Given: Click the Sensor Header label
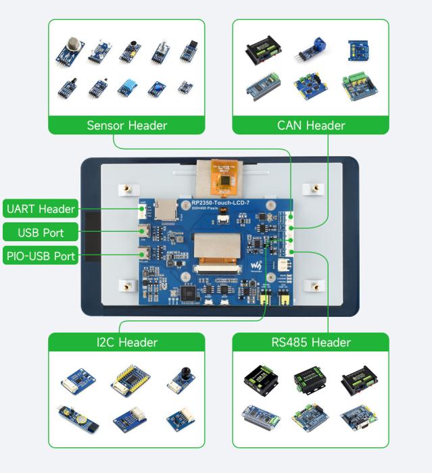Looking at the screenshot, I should tap(128, 125).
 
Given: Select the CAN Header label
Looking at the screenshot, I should tap(311, 125).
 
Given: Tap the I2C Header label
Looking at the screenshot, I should tap(128, 343).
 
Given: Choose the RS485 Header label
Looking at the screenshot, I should tap(311, 343).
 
